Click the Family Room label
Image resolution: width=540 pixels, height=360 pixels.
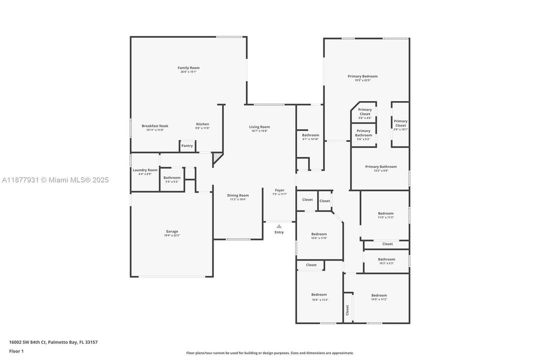pos(188,68)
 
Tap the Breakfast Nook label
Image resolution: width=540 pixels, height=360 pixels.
pos(155,126)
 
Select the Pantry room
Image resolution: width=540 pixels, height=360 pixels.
pos(187,146)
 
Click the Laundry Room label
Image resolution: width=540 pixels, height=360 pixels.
pos(145,170)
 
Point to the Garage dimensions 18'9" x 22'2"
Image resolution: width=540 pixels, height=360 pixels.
pos(172,235)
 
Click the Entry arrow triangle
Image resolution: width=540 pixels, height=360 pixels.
pos(279,226)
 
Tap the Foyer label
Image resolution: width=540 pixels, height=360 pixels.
pos(280,190)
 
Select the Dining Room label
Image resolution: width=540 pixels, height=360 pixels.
pos(238,195)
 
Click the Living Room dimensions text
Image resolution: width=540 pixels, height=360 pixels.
pos(259,131)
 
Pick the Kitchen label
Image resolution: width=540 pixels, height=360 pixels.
pos(202,124)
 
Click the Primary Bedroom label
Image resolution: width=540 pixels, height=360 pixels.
pos(363,76)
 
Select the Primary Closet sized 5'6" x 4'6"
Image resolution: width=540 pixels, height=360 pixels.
pos(365,113)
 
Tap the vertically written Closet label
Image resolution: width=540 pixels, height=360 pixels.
pos(348,310)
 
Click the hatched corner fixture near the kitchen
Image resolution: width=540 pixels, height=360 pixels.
pos(216,159)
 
